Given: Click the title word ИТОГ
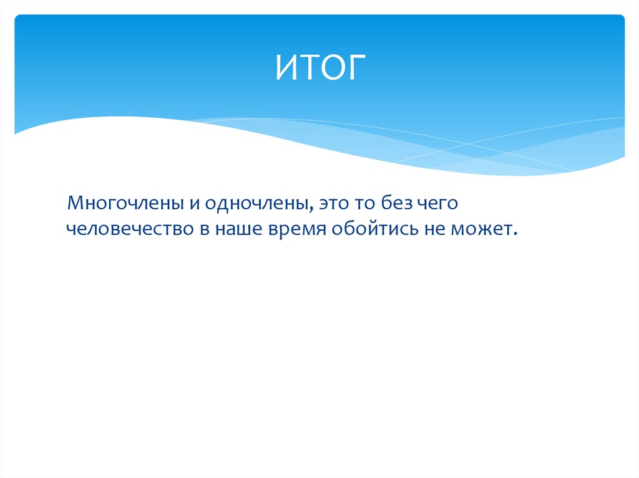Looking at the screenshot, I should click(319, 67).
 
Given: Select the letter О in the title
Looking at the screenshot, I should click(331, 67).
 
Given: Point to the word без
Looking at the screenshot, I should click(390, 204).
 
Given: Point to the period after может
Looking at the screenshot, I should click(516, 234).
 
